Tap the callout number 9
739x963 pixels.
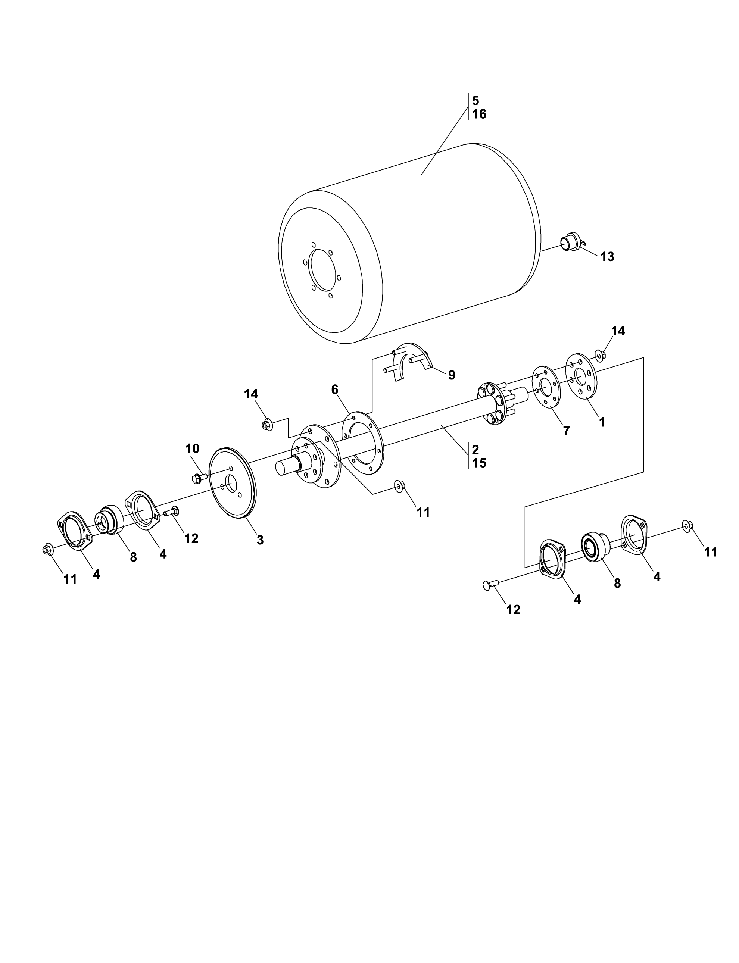click(x=452, y=375)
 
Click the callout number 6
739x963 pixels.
click(x=335, y=389)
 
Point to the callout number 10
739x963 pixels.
click(x=192, y=449)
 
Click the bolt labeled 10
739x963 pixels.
click(x=200, y=478)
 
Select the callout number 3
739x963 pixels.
click(x=260, y=540)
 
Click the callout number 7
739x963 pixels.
click(x=566, y=431)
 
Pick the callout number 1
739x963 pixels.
click(x=602, y=422)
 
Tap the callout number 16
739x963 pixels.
click(x=480, y=114)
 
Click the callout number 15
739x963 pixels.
click(x=480, y=463)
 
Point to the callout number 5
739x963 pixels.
click(x=475, y=100)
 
